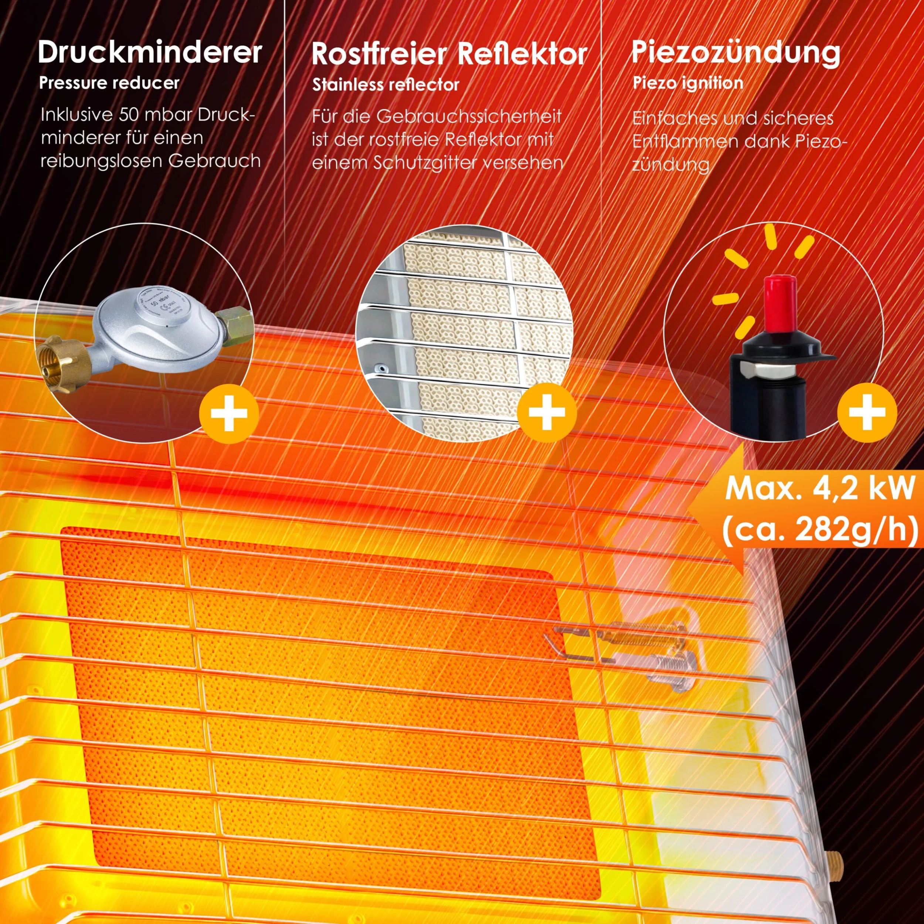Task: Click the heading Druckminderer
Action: tap(150, 52)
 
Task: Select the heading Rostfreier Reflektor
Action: tap(449, 54)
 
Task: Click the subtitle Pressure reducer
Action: tap(109, 83)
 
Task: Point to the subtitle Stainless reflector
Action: tap(385, 85)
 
